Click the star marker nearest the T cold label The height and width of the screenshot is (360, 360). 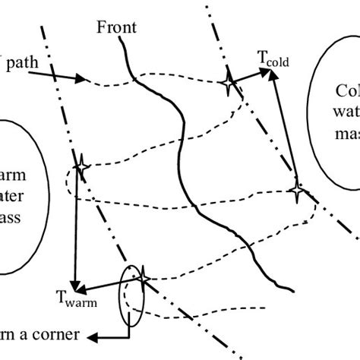coord(228,84)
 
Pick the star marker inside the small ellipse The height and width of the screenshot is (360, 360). coord(140,279)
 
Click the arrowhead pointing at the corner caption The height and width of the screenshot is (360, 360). coord(90,336)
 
